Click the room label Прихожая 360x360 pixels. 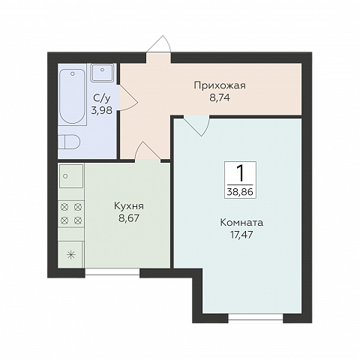220,85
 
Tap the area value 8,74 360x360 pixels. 220,97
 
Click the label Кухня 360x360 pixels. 129,205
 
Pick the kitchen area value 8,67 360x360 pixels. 129,218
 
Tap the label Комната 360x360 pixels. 241,222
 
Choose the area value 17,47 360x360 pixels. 241,235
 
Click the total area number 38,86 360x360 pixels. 240,191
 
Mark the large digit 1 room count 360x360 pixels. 240,173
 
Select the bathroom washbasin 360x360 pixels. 102,73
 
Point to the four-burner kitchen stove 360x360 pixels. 70,213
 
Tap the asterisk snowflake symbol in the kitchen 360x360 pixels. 71,253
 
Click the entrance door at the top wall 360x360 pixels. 158,46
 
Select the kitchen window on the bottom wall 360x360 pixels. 112,273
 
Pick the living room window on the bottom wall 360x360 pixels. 255,319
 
